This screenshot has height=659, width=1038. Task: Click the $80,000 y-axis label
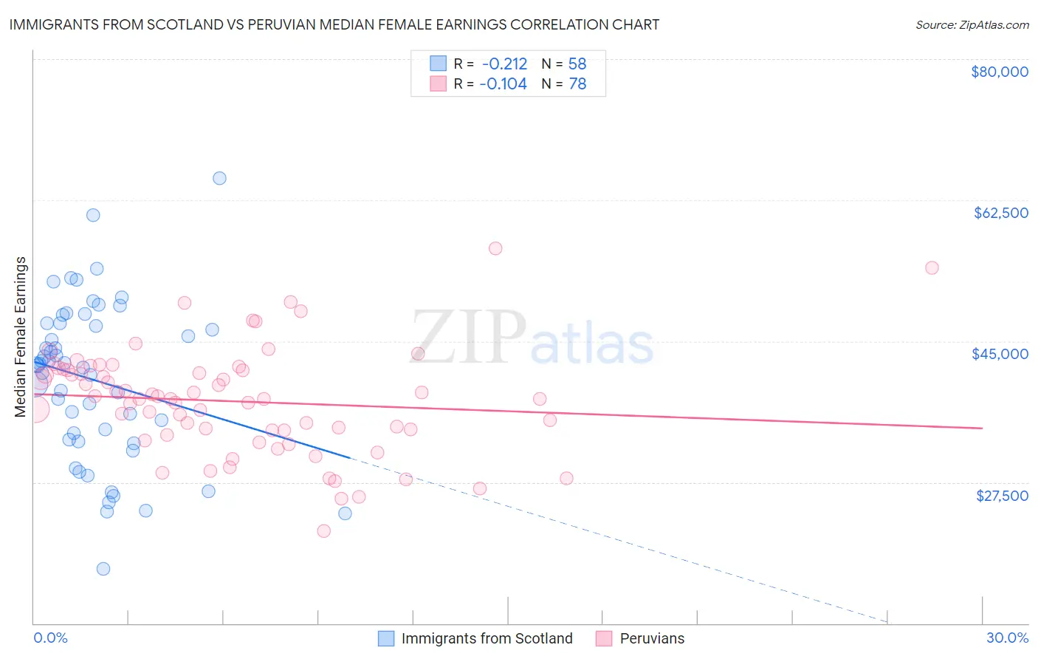click(x=1000, y=72)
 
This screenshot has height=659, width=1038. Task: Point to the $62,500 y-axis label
click(x=1001, y=213)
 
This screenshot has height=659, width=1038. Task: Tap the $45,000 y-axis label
click(x=1000, y=354)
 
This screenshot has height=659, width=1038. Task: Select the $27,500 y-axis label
click(x=1002, y=496)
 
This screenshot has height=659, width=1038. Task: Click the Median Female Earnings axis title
click(x=21, y=337)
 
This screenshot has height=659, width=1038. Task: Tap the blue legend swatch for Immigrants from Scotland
click(x=386, y=638)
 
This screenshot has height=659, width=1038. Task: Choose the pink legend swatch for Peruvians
click(x=604, y=638)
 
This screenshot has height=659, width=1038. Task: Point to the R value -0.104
click(x=503, y=84)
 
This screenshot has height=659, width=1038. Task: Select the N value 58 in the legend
click(x=577, y=64)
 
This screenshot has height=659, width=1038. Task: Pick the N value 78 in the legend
click(x=577, y=84)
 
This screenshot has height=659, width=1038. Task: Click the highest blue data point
click(x=219, y=178)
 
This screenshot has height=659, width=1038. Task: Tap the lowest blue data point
click(x=103, y=569)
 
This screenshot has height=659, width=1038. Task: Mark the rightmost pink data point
click(x=932, y=268)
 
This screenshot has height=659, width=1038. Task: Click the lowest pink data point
click(x=323, y=531)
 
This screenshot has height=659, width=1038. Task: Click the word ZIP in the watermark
click(x=468, y=337)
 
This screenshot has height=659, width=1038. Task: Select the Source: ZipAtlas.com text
click(x=972, y=25)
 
